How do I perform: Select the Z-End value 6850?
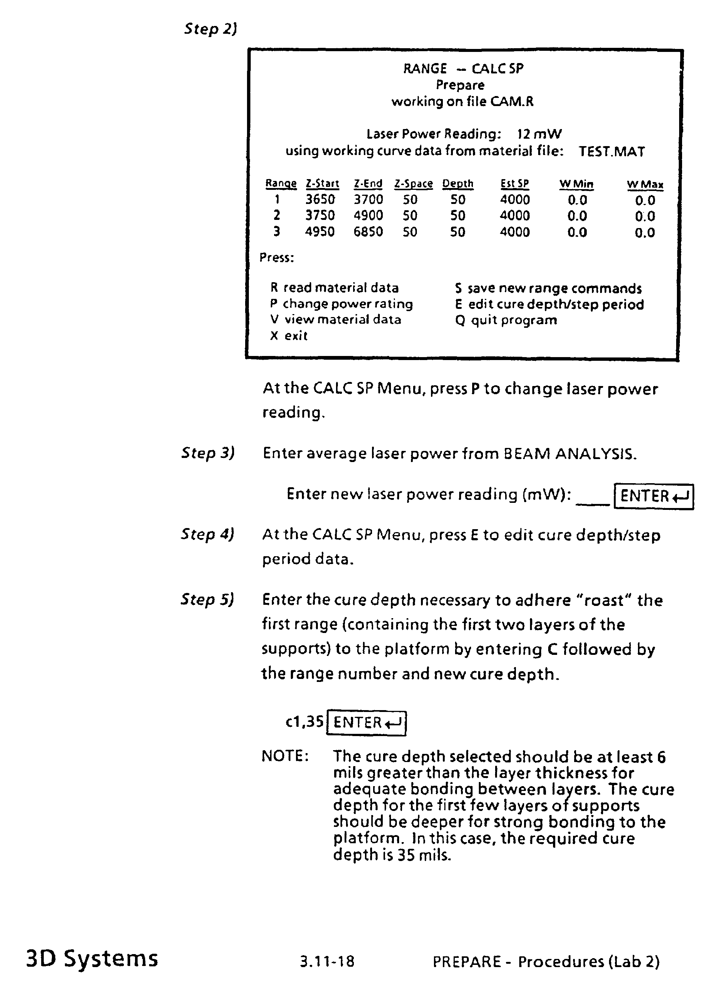368,231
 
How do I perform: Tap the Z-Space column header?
413,184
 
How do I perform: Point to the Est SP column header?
514,184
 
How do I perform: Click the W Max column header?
645,184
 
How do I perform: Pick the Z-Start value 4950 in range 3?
320,231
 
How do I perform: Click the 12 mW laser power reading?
539,134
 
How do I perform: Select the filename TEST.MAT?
611,152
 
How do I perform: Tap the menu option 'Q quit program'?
506,320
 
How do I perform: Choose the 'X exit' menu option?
289,336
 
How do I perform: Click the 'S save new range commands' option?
548,288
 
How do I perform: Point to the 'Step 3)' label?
208,452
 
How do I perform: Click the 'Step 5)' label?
207,599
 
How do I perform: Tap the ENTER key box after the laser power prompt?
654,496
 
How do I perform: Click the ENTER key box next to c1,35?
366,722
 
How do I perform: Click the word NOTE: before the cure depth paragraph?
285,756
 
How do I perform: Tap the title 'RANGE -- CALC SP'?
463,69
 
